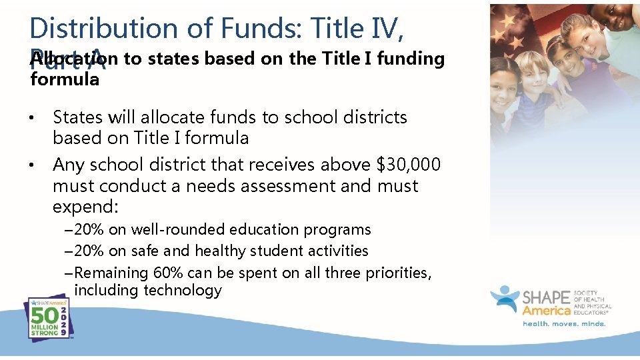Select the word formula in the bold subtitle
point(65,80)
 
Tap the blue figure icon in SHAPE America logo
point(505,300)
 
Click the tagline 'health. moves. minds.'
point(563,324)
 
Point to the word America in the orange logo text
point(547,311)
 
